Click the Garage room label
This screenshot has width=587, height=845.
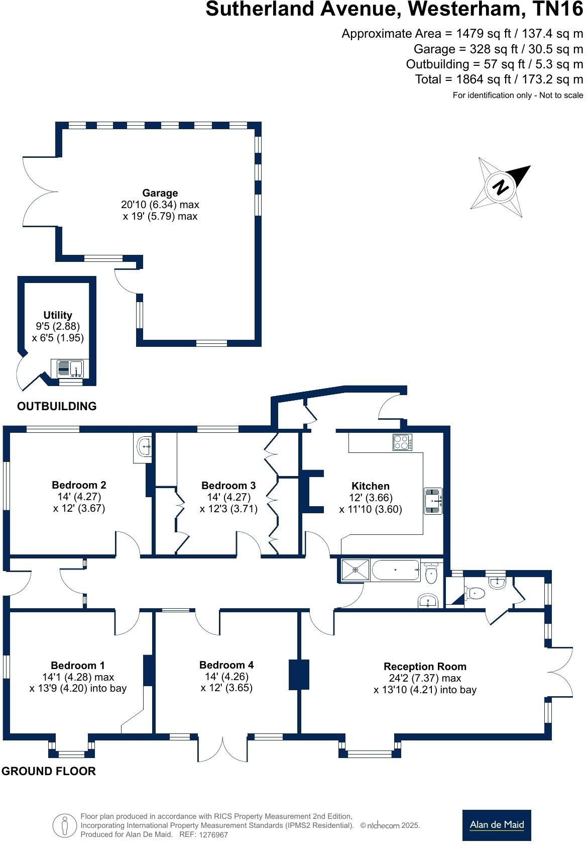pyautogui.click(x=160, y=193)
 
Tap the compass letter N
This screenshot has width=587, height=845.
pyautogui.click(x=500, y=187)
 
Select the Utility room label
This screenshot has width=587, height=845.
pyautogui.click(x=58, y=315)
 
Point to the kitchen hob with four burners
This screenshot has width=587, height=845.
pyautogui.click(x=402, y=442)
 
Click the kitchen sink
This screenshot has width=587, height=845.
pyautogui.click(x=433, y=501)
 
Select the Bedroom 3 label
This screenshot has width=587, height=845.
pyautogui.click(x=228, y=486)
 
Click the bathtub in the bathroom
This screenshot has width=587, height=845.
pyautogui.click(x=395, y=570)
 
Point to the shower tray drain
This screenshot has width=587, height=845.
pyautogui.click(x=356, y=570)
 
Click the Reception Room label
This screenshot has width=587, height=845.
pyautogui.click(x=425, y=667)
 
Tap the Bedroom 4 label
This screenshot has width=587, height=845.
pyautogui.click(x=226, y=665)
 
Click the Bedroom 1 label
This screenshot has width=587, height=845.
pyautogui.click(x=78, y=666)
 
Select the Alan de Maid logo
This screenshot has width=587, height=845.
pyautogui.click(x=496, y=825)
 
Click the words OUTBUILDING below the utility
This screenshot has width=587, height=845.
pyautogui.click(x=57, y=406)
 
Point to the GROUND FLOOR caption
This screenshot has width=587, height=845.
pyautogui.click(x=48, y=771)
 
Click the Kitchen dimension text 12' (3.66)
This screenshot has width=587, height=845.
pyautogui.click(x=371, y=498)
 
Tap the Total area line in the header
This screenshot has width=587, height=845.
pyautogui.click(x=499, y=79)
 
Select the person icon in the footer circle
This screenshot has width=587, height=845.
pyautogui.click(x=64, y=825)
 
